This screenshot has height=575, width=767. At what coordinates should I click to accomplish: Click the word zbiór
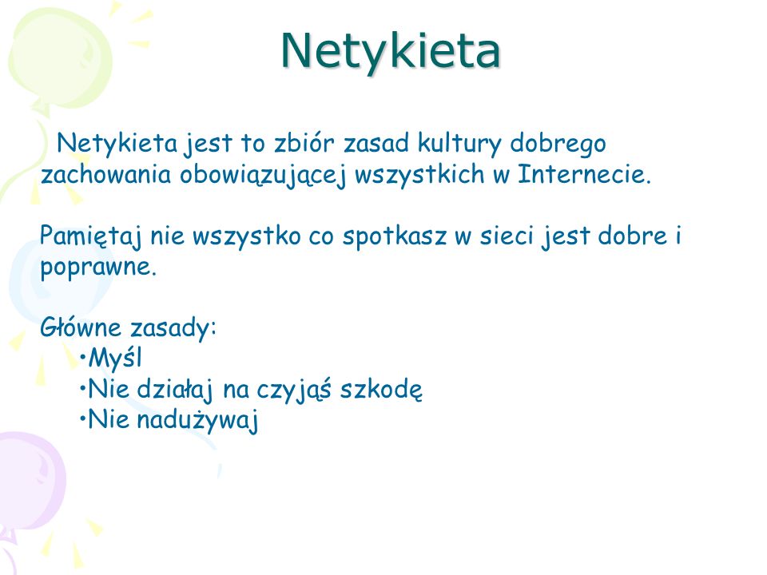click(304, 143)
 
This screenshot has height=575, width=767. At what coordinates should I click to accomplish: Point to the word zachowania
click(105, 175)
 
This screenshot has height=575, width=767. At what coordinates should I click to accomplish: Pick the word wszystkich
click(419, 176)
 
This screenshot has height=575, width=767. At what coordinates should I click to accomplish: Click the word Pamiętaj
click(91, 237)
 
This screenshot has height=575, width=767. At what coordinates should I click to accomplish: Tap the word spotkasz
click(395, 237)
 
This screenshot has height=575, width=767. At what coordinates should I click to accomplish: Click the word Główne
click(81, 327)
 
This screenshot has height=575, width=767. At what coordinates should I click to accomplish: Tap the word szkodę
click(381, 390)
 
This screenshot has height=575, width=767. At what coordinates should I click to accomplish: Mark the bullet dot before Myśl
click(82, 358)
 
